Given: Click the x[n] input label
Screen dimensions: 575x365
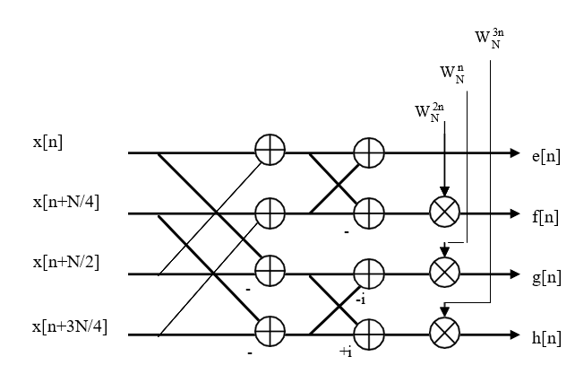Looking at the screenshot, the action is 47,142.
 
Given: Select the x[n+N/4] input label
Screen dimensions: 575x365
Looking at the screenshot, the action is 66,202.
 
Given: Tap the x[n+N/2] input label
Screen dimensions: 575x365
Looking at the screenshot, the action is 66,262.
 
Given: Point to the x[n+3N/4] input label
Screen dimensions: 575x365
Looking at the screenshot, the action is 70,326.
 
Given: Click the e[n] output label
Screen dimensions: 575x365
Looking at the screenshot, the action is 546,156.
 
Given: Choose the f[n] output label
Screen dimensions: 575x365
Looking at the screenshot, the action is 545,217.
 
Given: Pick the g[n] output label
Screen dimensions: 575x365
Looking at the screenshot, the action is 546,278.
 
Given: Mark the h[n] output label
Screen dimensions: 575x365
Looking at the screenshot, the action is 546,338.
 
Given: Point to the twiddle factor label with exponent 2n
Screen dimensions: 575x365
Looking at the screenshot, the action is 430,112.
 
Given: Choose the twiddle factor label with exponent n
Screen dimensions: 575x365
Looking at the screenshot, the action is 452,74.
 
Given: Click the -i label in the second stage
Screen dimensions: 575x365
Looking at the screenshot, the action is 361,300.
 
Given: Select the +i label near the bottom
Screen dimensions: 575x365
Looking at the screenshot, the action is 347,352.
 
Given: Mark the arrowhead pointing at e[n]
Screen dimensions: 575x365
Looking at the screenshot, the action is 515,152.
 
